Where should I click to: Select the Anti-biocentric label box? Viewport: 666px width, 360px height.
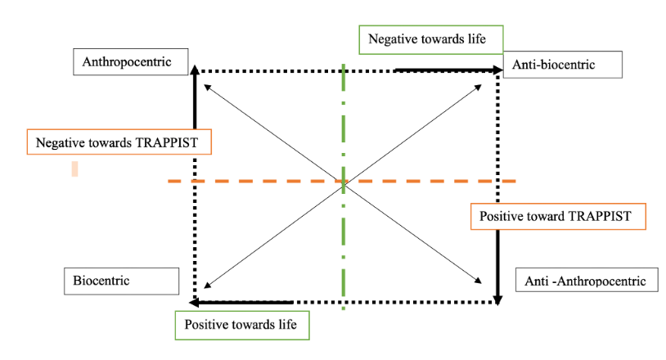pyautogui.click(x=563, y=64)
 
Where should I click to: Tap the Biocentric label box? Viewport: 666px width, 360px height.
pyautogui.click(x=120, y=281)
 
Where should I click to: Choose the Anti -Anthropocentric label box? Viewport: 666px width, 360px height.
pyautogui.click(x=587, y=281)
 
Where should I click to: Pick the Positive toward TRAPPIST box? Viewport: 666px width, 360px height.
pyautogui.click(x=559, y=217)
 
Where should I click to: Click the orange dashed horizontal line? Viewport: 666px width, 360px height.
pyautogui.click(x=245, y=181)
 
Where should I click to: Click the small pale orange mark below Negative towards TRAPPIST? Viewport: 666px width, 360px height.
pyautogui.click(x=74, y=169)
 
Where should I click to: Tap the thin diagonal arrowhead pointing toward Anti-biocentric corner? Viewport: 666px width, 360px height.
pyautogui.click(x=479, y=85)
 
